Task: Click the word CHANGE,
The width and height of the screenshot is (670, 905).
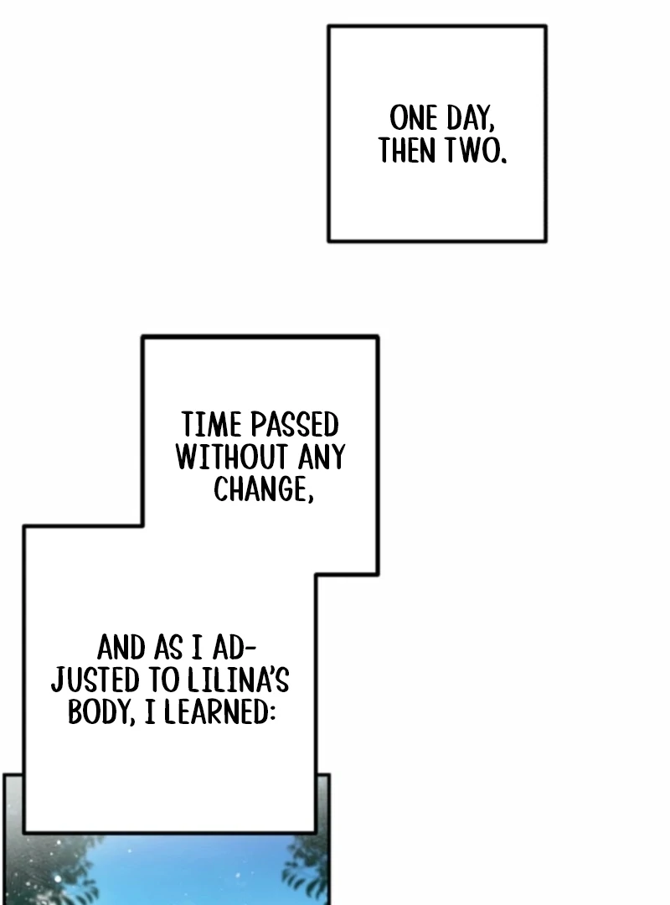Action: pos(263,490)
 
